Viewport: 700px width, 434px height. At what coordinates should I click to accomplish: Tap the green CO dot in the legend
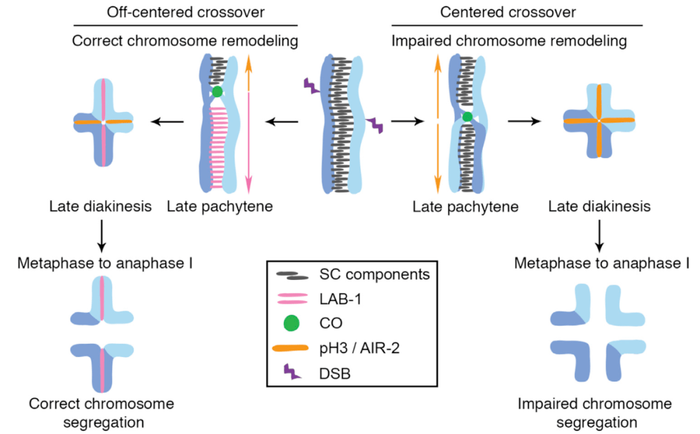(x=290, y=321)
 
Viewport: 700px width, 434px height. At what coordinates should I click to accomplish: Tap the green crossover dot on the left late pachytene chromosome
(x=217, y=92)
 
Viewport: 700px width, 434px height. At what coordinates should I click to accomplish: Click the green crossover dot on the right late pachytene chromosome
(x=467, y=117)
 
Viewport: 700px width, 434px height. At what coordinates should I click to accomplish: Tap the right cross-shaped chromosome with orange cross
(x=599, y=121)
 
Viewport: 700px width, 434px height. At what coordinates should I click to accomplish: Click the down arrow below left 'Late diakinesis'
(x=102, y=236)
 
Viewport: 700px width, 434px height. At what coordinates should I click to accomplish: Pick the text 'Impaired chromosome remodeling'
(x=509, y=41)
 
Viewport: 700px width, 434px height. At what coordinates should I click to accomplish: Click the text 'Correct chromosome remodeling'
(x=185, y=41)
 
